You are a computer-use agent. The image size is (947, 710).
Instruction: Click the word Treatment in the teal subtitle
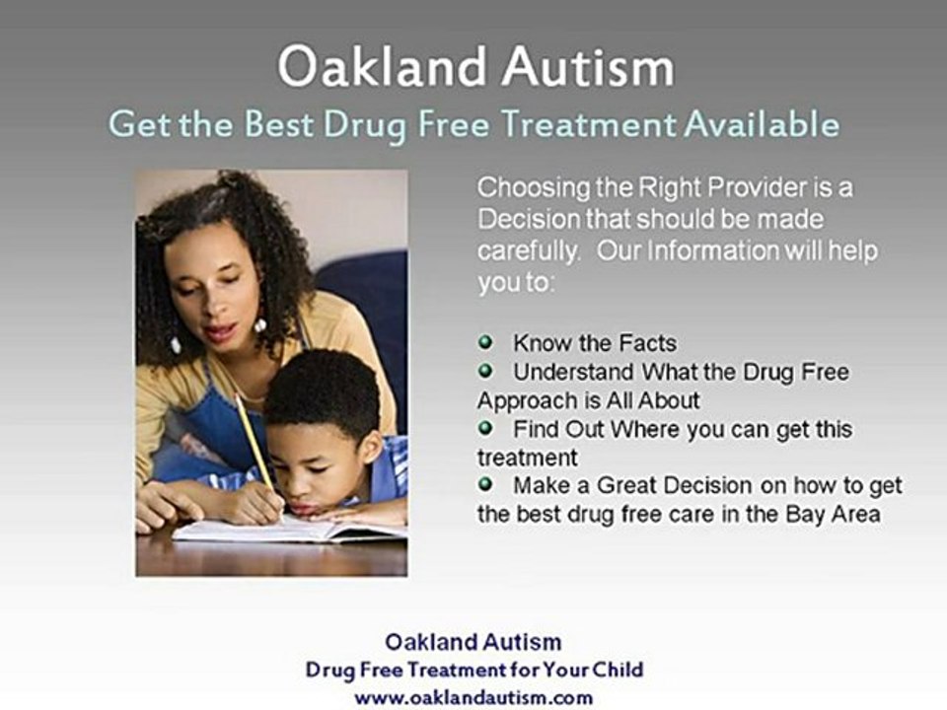[589, 124]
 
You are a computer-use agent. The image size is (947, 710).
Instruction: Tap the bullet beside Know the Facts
[485, 342]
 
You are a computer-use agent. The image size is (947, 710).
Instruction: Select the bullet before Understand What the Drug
[485, 371]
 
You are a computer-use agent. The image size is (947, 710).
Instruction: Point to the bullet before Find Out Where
[485, 428]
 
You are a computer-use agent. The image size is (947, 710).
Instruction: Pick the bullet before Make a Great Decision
[485, 484]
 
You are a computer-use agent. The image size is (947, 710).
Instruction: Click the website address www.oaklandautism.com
[473, 698]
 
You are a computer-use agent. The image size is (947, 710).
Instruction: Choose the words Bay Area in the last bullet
[833, 515]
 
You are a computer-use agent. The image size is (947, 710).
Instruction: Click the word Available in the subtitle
[762, 124]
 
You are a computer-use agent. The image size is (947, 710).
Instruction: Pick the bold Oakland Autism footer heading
[473, 641]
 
